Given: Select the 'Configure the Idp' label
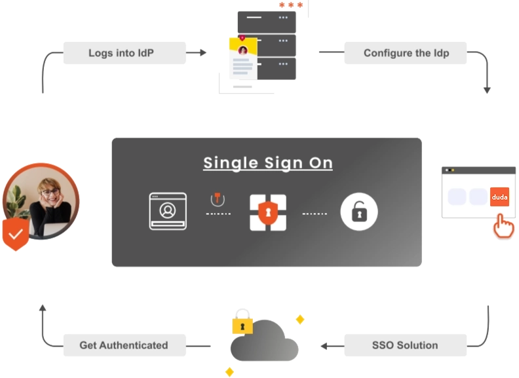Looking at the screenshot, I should point(406,53).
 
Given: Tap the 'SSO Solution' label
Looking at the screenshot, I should point(404,345).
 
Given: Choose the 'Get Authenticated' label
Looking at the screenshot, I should point(124,345).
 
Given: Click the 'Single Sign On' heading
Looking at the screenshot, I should point(267,163).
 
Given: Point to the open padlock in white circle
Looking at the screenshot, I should point(358,212).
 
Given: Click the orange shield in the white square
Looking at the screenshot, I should point(267,212).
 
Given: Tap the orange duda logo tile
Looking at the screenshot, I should point(499,197).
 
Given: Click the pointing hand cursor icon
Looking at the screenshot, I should point(503,226).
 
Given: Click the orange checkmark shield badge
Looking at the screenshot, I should point(15,235).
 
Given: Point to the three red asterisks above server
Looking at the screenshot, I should point(291,6).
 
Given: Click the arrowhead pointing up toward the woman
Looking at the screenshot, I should point(42,309).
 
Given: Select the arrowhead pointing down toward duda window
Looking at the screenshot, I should point(487,89).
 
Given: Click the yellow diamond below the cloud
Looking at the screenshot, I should point(230,371).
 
